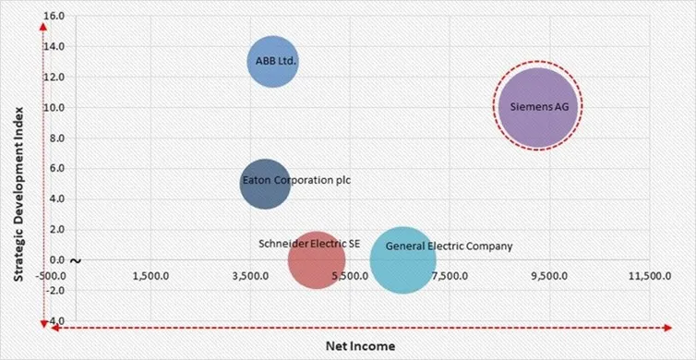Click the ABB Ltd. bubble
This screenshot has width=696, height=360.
(x=272, y=62)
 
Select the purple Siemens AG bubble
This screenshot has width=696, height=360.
(x=539, y=107)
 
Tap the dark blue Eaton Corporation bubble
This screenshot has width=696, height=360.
(x=265, y=183)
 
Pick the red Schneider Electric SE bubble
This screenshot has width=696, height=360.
(x=317, y=259)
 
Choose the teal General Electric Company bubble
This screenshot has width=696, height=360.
(x=402, y=260)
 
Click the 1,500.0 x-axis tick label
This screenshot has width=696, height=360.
(x=150, y=275)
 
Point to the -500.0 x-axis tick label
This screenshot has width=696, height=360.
(x=51, y=275)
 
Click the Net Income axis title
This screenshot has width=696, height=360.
(x=359, y=345)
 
